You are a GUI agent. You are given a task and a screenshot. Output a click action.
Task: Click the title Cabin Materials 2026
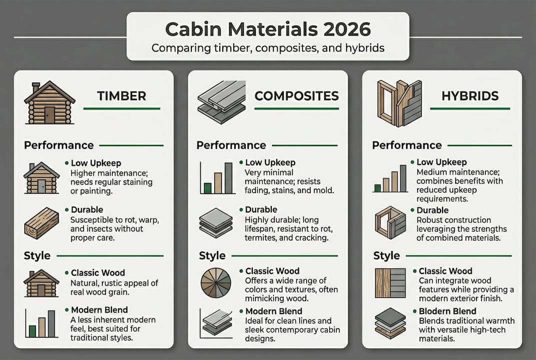[268, 29]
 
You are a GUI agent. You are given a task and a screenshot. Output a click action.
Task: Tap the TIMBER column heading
[121, 96]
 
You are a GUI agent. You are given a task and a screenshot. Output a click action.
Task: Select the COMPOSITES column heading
[296, 95]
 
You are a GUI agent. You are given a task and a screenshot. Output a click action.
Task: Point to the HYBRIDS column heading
[471, 96]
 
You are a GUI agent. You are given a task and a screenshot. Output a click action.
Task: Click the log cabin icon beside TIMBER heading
[49, 103]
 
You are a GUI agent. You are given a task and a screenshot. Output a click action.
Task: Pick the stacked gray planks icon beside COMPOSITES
[221, 102]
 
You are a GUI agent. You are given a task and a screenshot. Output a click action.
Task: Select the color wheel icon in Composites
[215, 283]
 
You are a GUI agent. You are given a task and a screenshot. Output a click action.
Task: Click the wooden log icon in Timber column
[41, 222]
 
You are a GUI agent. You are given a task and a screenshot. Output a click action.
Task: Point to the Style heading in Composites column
[212, 255]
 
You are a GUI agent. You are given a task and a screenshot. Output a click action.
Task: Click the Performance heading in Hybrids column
[407, 145]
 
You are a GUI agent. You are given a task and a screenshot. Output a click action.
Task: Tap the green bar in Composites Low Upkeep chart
[207, 188]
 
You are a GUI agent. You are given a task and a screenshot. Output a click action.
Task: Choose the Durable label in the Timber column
[86, 210]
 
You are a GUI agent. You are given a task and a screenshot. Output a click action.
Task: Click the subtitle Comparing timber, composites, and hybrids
[268, 48]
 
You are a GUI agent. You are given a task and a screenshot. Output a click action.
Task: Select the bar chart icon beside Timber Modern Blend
[40, 323]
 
